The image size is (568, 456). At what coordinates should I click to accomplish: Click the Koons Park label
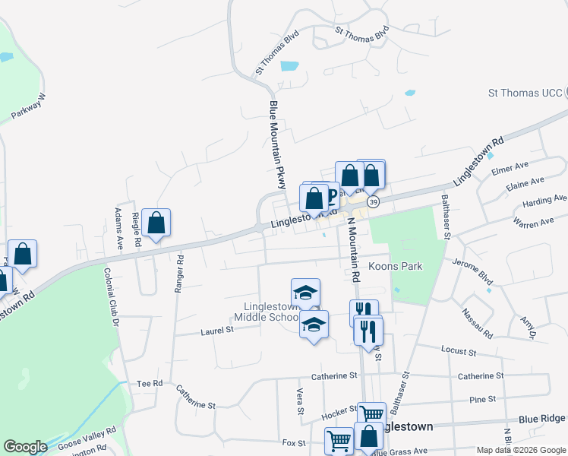tap(394, 268)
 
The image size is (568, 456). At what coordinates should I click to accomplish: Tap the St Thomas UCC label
tap(525, 93)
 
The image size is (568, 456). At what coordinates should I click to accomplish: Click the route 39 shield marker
tap(373, 202)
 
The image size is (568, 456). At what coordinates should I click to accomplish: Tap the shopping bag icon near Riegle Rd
tap(156, 223)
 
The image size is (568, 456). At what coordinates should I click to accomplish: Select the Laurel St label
tap(217, 331)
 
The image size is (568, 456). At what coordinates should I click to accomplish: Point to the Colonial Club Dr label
tap(112, 297)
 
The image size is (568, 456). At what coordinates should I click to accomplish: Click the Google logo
tap(26, 447)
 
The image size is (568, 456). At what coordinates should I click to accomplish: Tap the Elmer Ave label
tap(510, 166)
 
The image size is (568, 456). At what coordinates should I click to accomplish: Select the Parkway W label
tap(29, 106)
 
